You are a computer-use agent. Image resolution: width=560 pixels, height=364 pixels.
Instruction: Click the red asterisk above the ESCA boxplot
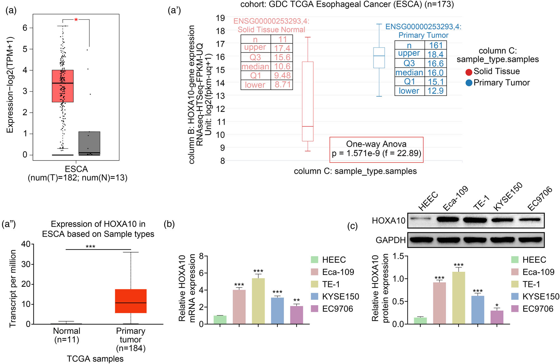[x=76, y=20]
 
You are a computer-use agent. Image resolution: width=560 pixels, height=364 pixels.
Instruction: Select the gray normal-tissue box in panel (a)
[x=89, y=143]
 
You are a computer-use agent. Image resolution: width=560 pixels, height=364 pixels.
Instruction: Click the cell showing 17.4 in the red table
[x=282, y=48]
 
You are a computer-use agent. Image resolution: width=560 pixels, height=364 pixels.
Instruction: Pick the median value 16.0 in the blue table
[x=435, y=73]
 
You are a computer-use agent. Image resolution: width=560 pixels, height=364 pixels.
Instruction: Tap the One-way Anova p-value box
[x=376, y=150]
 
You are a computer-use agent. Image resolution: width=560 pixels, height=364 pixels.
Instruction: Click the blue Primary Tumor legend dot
[x=469, y=83]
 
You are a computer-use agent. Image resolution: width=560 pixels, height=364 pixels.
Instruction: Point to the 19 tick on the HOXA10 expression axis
[x=220, y=18]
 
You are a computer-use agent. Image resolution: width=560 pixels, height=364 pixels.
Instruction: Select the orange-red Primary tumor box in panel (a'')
[x=131, y=301]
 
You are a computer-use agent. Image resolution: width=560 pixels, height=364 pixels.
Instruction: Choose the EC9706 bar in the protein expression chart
[x=497, y=317]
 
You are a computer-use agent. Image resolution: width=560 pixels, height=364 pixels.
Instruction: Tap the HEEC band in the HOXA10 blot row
[x=420, y=219]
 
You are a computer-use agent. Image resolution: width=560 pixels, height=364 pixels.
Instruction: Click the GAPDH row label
[x=390, y=240]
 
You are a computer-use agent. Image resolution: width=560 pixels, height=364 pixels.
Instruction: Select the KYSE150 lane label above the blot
[x=507, y=196]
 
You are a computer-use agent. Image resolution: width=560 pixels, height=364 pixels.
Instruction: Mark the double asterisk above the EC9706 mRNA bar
[x=297, y=300]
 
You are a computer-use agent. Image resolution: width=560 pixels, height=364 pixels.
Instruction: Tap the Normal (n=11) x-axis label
[x=67, y=335]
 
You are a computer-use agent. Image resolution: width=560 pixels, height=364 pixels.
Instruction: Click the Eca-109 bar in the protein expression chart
[x=439, y=303]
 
